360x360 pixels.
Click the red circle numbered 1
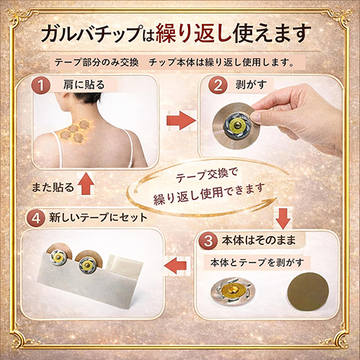point(42,86)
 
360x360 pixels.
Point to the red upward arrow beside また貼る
point(86,185)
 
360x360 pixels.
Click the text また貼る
point(52,187)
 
